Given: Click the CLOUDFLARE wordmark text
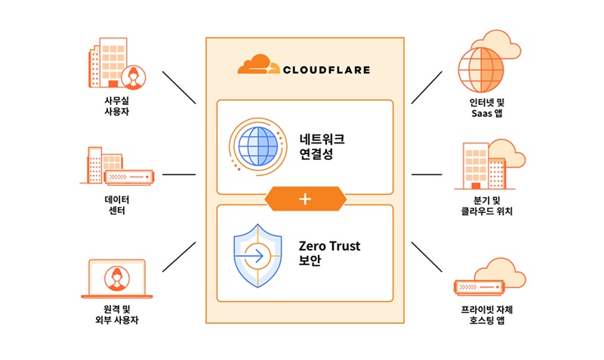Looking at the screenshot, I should point(326,69).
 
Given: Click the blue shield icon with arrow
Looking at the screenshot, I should point(257,254).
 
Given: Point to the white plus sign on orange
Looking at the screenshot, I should point(305,199).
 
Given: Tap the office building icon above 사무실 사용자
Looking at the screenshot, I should point(114,63).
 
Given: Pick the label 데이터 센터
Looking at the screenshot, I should point(116,205).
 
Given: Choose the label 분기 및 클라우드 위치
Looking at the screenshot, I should point(488,205).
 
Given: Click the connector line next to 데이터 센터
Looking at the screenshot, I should point(178,174).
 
